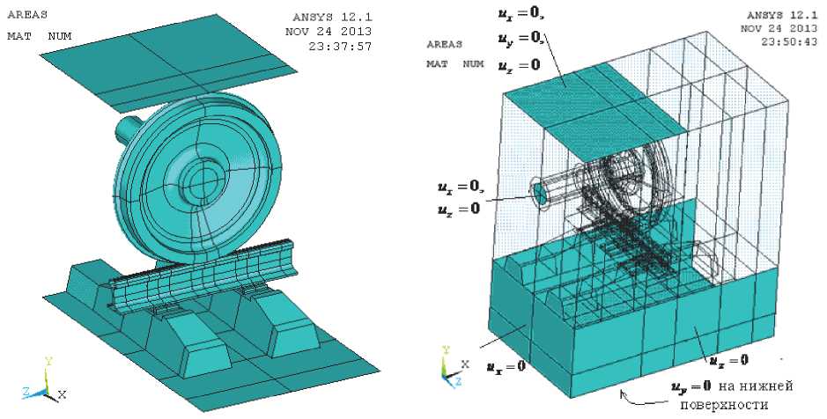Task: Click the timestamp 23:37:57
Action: point(340,47)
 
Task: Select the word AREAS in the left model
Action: point(27,15)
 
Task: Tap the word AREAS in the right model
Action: point(445,44)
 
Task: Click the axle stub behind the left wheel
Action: point(128,129)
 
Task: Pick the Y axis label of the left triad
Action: point(48,361)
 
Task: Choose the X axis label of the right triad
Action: point(465,364)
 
